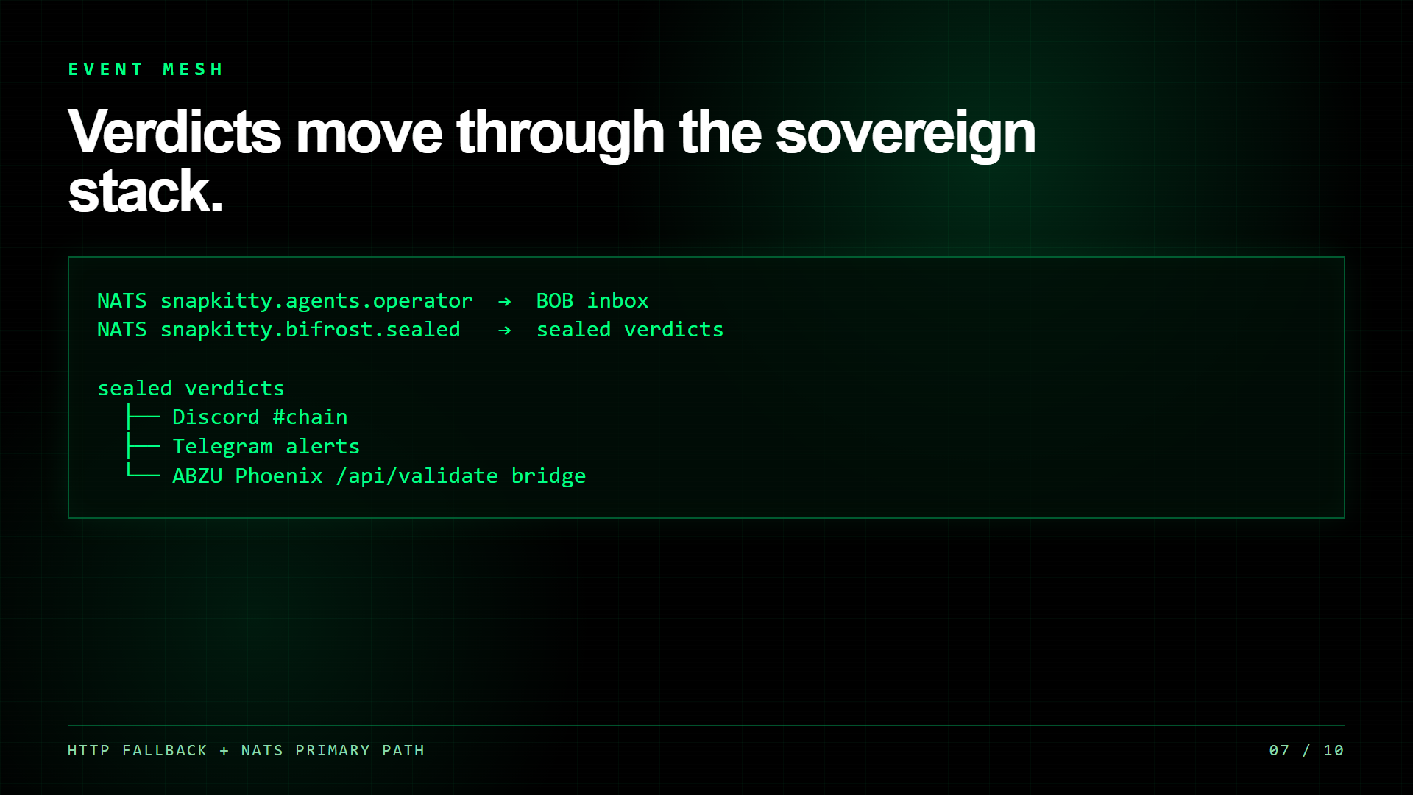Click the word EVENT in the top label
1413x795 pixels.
[105, 69]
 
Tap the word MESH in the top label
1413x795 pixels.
[193, 69]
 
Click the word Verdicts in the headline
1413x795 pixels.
[174, 132]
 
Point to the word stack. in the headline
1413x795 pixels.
[145, 191]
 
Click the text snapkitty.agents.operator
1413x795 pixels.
[316, 301]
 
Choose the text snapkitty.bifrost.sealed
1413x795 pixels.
[311, 330]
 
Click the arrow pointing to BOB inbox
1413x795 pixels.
[504, 301]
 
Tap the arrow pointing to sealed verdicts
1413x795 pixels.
[504, 330]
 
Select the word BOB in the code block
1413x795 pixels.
[554, 301]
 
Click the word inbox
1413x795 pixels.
[617, 301]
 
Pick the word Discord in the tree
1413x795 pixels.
[216, 417]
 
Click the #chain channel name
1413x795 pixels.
[310, 417]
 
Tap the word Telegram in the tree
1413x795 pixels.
[222, 447]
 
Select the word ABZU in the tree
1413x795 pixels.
[197, 476]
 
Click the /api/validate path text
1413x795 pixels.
[417, 476]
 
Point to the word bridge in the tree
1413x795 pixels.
[548, 476]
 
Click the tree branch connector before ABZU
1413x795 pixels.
[143, 471]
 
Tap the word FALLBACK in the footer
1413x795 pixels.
[165, 750]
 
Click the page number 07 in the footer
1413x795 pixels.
[1279, 750]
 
